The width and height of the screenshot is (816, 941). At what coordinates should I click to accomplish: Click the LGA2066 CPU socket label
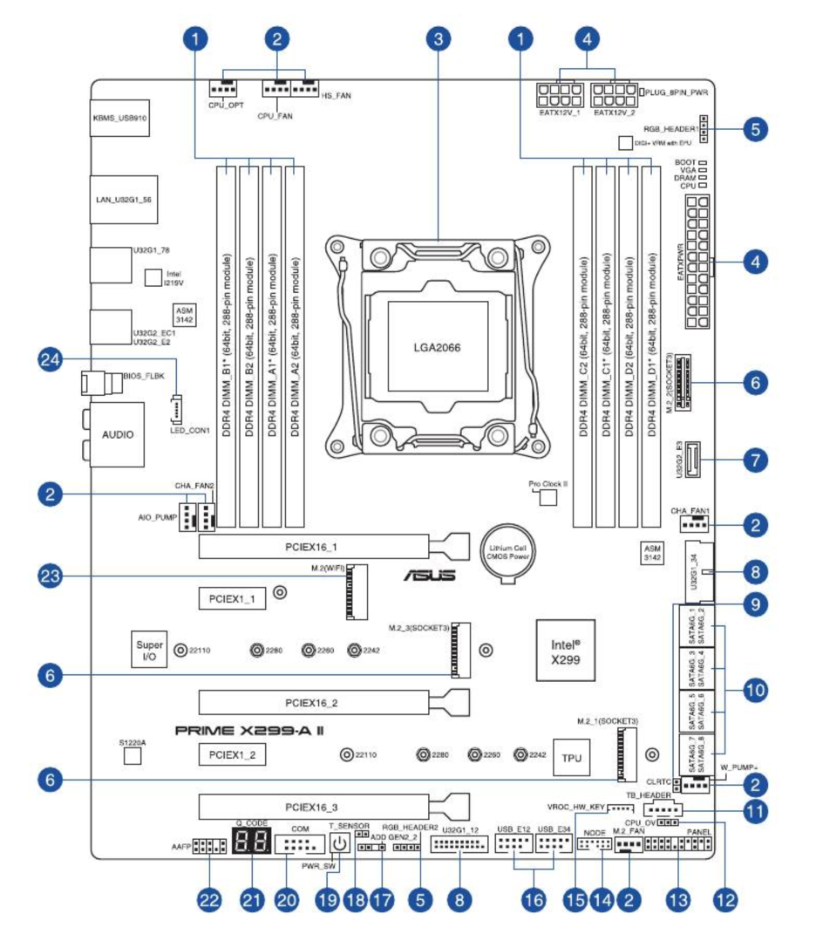[x=437, y=346]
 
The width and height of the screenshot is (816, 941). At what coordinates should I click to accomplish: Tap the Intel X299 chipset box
[x=565, y=651]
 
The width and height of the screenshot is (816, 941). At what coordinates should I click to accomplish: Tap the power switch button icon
[x=339, y=843]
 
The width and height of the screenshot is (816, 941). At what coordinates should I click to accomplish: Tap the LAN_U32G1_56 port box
[x=122, y=199]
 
